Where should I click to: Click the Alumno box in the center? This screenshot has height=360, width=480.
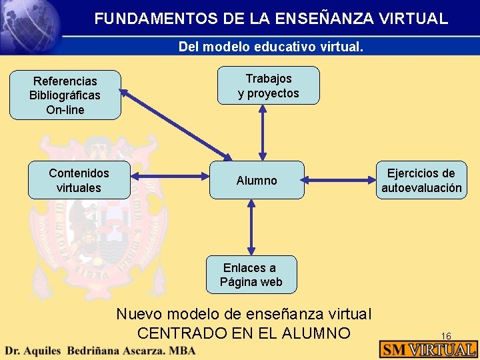257,180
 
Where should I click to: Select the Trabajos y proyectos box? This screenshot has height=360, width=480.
269,86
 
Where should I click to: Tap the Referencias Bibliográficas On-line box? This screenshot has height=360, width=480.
65,95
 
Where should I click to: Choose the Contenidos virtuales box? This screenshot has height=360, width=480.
79,180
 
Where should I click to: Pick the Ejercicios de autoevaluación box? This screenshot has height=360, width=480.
421,180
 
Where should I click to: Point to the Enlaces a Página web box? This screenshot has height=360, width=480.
251,275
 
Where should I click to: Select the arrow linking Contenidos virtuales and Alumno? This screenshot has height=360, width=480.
169,177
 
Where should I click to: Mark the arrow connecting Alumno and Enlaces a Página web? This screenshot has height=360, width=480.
251,227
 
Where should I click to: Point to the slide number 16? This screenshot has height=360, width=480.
447,336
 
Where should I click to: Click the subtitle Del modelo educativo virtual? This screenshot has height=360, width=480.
271,47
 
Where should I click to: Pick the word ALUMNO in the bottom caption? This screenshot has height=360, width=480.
319,333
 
